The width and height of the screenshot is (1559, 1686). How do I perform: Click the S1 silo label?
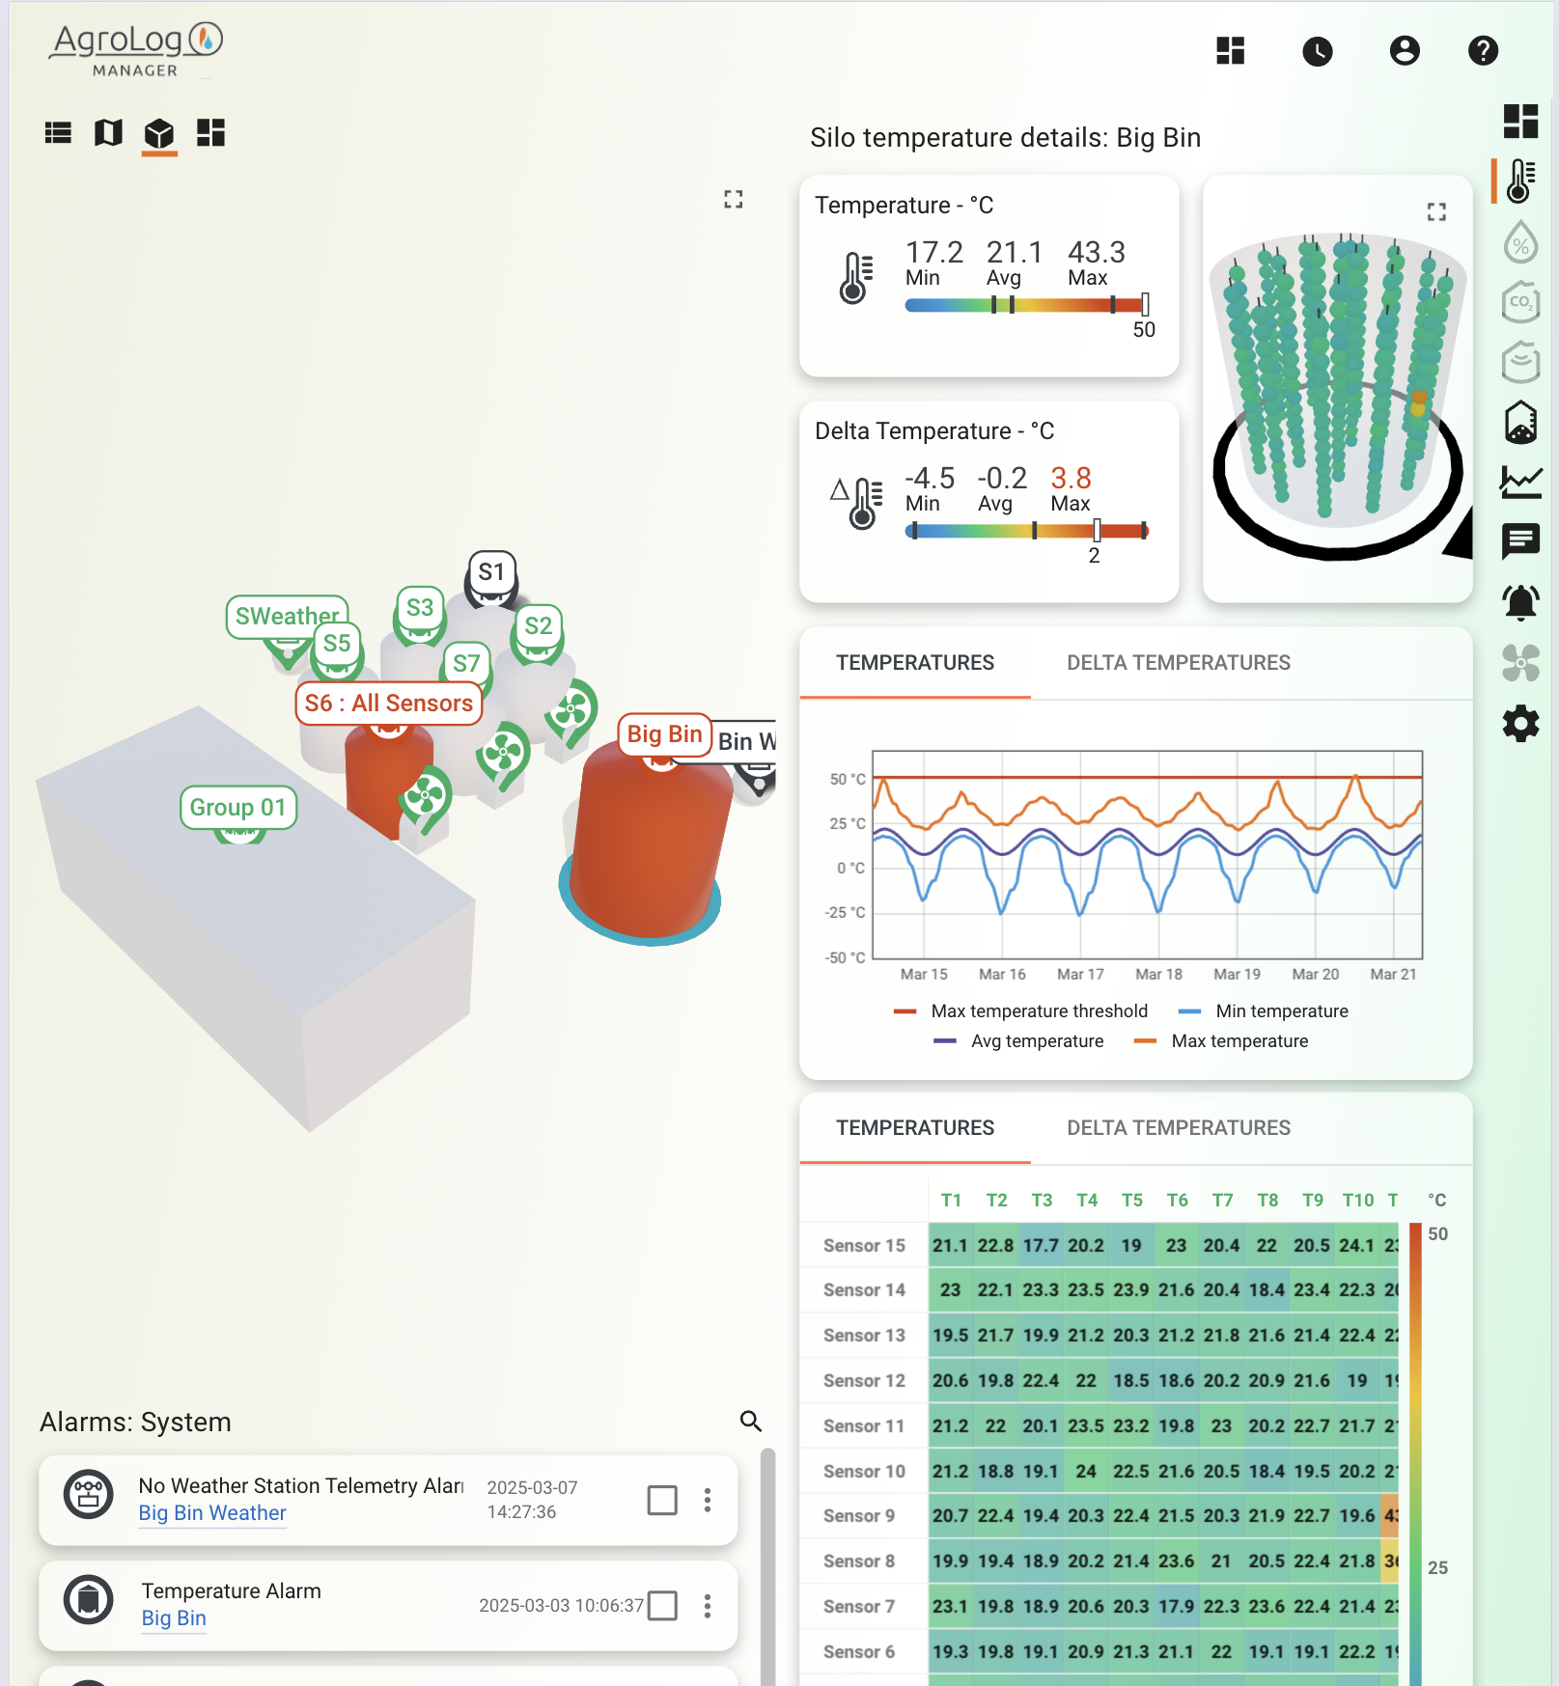click(491, 572)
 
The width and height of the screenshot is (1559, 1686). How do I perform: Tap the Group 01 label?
click(237, 808)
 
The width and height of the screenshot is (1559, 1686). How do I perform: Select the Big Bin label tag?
click(664, 734)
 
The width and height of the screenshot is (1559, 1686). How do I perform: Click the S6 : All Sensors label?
click(388, 704)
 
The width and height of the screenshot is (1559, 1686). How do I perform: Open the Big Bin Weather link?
click(212, 1513)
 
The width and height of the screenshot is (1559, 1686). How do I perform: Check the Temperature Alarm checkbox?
click(662, 1606)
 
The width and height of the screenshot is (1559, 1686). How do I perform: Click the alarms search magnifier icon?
click(750, 1421)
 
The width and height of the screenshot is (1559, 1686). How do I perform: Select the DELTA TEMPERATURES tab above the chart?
click(1178, 663)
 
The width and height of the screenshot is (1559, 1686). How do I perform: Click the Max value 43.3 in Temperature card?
click(1096, 253)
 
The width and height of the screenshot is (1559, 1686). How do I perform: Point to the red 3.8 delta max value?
click(1071, 479)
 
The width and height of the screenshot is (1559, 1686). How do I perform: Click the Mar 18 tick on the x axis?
click(1158, 975)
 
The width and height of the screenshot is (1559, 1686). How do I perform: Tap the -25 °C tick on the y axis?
click(846, 913)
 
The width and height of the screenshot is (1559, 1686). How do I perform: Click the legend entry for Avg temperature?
click(1036, 1041)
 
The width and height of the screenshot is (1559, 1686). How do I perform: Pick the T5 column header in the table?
click(1131, 1201)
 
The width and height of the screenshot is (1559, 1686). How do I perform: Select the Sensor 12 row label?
click(864, 1381)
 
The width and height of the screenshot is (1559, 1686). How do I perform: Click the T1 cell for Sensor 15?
click(951, 1246)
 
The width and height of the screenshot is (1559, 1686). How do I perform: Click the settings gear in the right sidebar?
click(1520, 724)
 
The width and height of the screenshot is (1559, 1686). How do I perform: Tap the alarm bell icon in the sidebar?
click(1520, 602)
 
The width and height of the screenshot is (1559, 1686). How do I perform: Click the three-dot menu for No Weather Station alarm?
click(708, 1500)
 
